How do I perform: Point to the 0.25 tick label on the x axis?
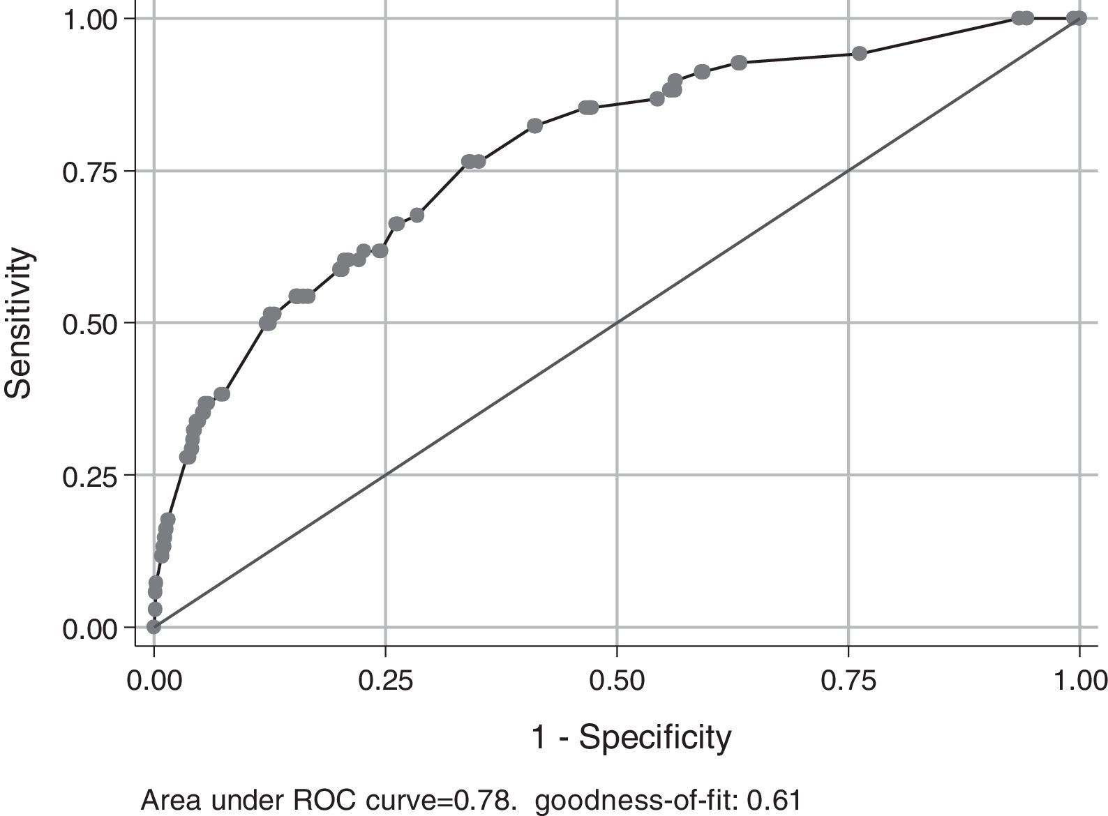click(385, 680)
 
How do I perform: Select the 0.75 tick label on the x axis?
click(848, 680)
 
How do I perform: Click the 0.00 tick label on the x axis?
click(154, 680)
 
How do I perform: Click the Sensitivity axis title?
click(19, 323)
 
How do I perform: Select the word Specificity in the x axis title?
click(654, 737)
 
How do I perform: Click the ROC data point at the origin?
click(154, 626)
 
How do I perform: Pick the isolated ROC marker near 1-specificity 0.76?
click(860, 54)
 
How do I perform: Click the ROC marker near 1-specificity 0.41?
click(535, 126)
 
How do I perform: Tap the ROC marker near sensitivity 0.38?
click(222, 394)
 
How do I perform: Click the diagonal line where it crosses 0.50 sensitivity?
click(617, 323)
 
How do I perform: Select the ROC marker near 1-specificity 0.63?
click(739, 63)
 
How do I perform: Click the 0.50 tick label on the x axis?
click(617, 680)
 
